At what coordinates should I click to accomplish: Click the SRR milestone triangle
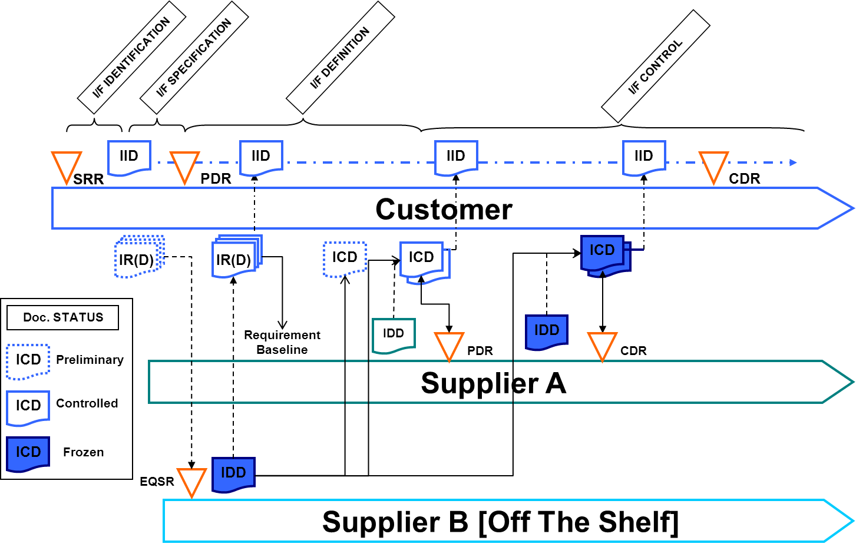point(66,165)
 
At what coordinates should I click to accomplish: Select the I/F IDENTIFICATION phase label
point(131,57)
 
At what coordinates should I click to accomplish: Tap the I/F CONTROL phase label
point(655,67)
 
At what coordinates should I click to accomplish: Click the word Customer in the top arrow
point(444,210)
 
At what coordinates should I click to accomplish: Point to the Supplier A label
point(493,383)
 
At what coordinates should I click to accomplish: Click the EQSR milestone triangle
point(191,480)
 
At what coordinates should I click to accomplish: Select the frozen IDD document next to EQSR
point(233,473)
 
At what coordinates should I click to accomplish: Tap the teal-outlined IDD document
point(394,334)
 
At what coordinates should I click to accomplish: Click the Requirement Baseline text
point(282,342)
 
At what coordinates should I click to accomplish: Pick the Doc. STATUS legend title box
point(63,317)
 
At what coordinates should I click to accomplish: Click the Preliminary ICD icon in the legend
point(28,360)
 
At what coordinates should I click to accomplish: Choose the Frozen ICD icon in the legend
point(28,453)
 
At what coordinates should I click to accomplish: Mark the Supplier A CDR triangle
point(602,344)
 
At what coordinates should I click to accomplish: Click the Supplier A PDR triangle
point(449,344)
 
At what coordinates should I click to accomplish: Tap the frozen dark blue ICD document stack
point(604,254)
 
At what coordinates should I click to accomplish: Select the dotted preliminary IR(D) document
point(138,257)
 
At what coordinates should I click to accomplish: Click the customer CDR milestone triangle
point(713,165)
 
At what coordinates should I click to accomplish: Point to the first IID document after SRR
point(129,157)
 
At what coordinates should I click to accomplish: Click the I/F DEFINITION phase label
point(340,58)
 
